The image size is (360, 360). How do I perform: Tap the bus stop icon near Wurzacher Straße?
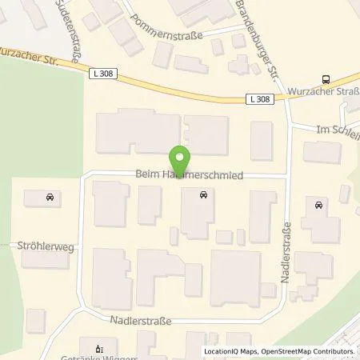326,79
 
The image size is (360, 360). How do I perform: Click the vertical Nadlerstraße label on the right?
286,254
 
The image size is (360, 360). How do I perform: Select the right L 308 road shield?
258,99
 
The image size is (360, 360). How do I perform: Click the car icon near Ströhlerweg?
49,196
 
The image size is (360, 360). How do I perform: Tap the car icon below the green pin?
203,194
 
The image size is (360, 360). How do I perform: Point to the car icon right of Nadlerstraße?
319,205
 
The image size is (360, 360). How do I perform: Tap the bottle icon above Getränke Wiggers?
99,348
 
